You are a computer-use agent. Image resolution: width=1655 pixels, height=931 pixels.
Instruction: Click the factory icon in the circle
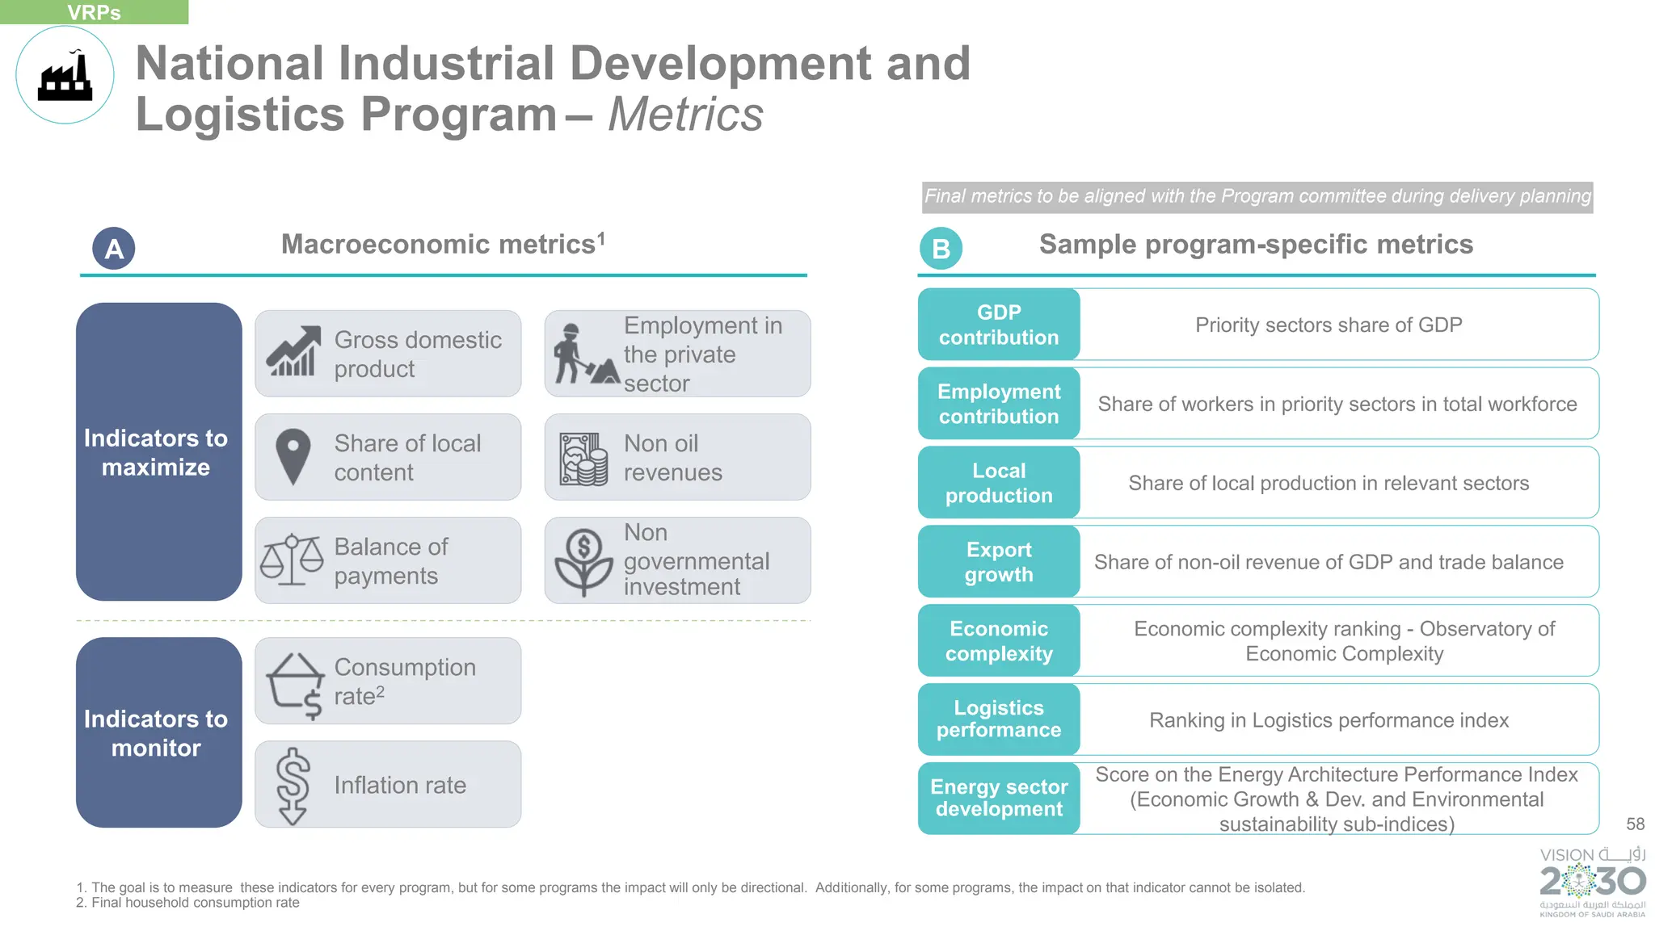(65, 76)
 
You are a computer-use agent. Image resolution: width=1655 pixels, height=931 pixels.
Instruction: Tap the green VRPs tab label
(94, 12)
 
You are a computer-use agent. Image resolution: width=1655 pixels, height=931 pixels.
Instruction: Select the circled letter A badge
(114, 249)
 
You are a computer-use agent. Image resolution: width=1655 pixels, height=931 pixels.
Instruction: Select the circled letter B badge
(941, 249)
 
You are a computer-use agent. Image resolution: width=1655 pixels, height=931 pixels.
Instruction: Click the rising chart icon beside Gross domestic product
(293, 352)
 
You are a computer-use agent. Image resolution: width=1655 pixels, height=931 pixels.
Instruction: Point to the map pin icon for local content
(293, 456)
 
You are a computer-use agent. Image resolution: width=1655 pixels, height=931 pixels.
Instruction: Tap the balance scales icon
(292, 560)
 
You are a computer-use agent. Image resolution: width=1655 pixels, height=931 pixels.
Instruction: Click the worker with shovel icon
(583, 354)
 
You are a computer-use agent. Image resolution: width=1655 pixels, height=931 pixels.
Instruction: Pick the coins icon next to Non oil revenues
(583, 459)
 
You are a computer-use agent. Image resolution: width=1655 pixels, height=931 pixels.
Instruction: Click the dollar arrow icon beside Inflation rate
(293, 786)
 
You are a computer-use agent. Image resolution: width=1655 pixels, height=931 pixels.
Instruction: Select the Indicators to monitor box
(158, 732)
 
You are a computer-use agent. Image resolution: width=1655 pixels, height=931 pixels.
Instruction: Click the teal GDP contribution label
(999, 325)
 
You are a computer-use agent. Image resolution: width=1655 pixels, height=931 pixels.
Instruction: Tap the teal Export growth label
(999, 562)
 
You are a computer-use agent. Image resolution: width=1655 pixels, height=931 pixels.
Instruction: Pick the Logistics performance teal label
(999, 719)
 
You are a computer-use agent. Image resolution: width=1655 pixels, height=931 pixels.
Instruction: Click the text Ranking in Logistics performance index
(1329, 720)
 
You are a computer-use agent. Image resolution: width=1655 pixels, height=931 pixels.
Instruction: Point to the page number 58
(1635, 824)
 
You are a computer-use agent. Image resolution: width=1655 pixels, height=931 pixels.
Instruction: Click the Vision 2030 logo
(1592, 881)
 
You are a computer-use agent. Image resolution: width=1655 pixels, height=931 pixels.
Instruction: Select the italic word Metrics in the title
(685, 115)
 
